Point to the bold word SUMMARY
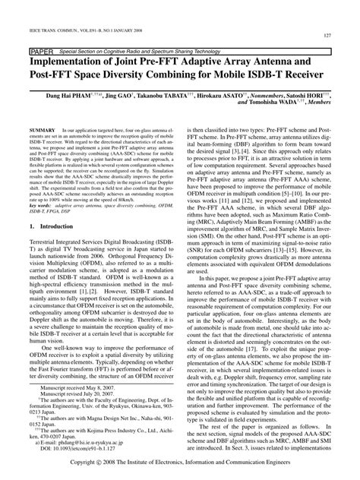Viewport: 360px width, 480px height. [37, 131]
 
